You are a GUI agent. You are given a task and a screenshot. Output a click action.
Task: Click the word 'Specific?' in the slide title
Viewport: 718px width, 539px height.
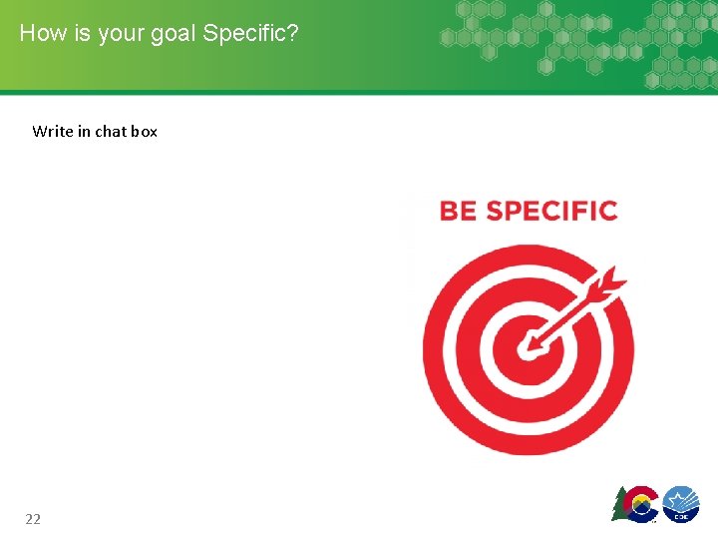[250, 33]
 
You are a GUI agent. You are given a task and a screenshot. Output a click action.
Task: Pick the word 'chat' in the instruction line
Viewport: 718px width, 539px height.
[111, 131]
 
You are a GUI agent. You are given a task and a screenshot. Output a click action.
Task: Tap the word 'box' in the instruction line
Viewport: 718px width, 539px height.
[145, 131]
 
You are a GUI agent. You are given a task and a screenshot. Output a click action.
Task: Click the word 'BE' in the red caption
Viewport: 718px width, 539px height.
[458, 211]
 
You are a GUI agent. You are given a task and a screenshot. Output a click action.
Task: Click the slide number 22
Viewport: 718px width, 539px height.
[33, 518]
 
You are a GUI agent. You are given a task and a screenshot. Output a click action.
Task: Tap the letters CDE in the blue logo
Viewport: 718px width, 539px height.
[681, 516]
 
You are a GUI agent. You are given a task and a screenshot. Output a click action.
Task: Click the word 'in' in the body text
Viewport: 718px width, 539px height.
[84, 131]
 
